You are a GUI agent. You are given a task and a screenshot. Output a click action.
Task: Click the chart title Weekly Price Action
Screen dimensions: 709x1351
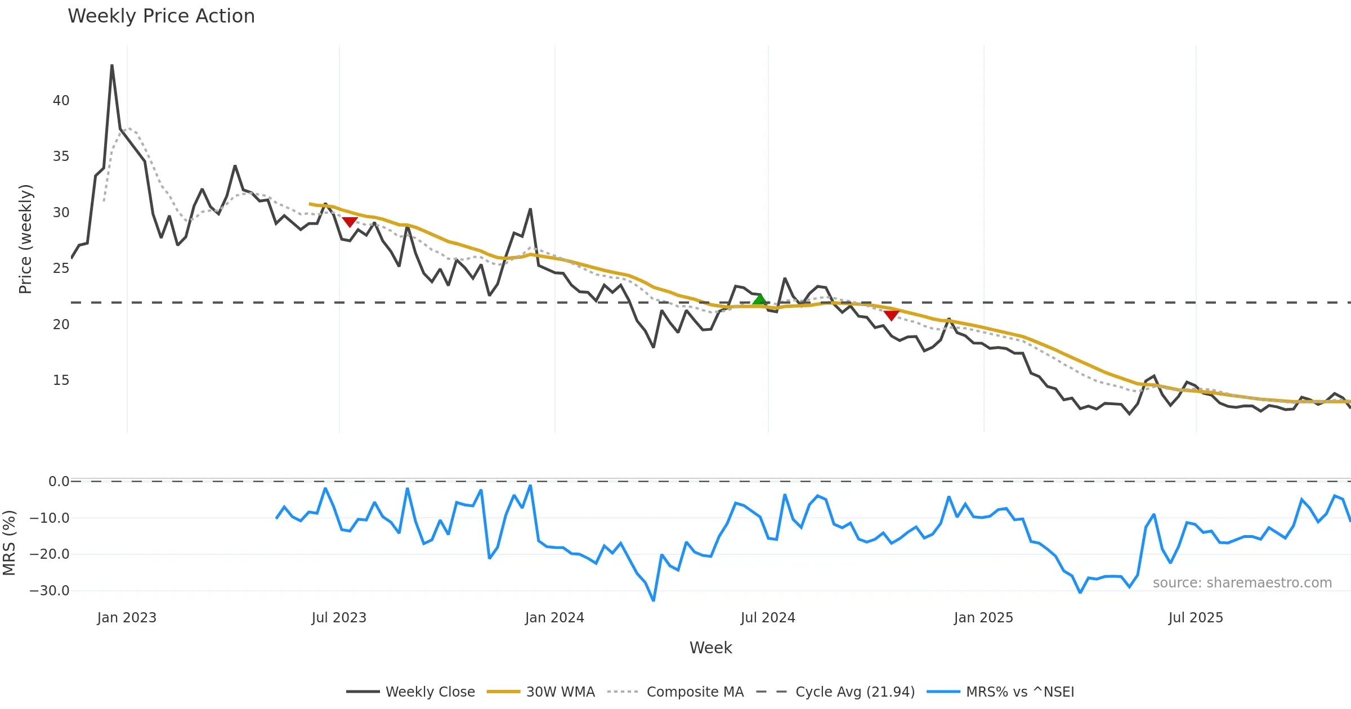(161, 16)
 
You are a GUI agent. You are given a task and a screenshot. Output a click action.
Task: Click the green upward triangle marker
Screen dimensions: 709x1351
(759, 300)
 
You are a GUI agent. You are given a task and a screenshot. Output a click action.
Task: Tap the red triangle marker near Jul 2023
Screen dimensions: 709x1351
(350, 222)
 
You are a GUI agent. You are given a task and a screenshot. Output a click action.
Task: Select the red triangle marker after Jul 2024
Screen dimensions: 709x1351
(891, 315)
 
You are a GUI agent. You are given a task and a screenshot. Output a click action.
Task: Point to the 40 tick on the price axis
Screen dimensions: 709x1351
(61, 101)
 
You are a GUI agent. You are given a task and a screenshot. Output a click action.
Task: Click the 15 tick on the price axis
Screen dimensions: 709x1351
(61, 380)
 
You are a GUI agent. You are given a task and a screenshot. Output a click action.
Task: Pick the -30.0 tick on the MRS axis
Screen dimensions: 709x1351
(50, 591)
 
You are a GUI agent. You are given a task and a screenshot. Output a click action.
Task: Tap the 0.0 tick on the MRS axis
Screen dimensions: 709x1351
(59, 482)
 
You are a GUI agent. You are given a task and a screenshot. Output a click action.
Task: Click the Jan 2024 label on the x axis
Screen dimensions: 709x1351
(554, 618)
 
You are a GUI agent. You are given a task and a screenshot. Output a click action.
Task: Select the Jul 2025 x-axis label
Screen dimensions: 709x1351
(1196, 618)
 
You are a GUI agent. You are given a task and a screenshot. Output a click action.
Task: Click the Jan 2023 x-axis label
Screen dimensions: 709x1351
(127, 618)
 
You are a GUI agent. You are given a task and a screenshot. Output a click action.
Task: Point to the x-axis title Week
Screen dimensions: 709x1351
(710, 648)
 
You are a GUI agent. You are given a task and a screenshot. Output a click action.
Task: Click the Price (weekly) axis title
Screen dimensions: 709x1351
(26, 239)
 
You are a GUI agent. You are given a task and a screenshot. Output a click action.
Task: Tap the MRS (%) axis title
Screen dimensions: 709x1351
(9, 543)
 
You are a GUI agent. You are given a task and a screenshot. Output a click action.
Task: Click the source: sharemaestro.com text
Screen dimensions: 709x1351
(1242, 583)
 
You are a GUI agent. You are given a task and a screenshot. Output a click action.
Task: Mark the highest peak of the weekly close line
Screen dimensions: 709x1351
(112, 65)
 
